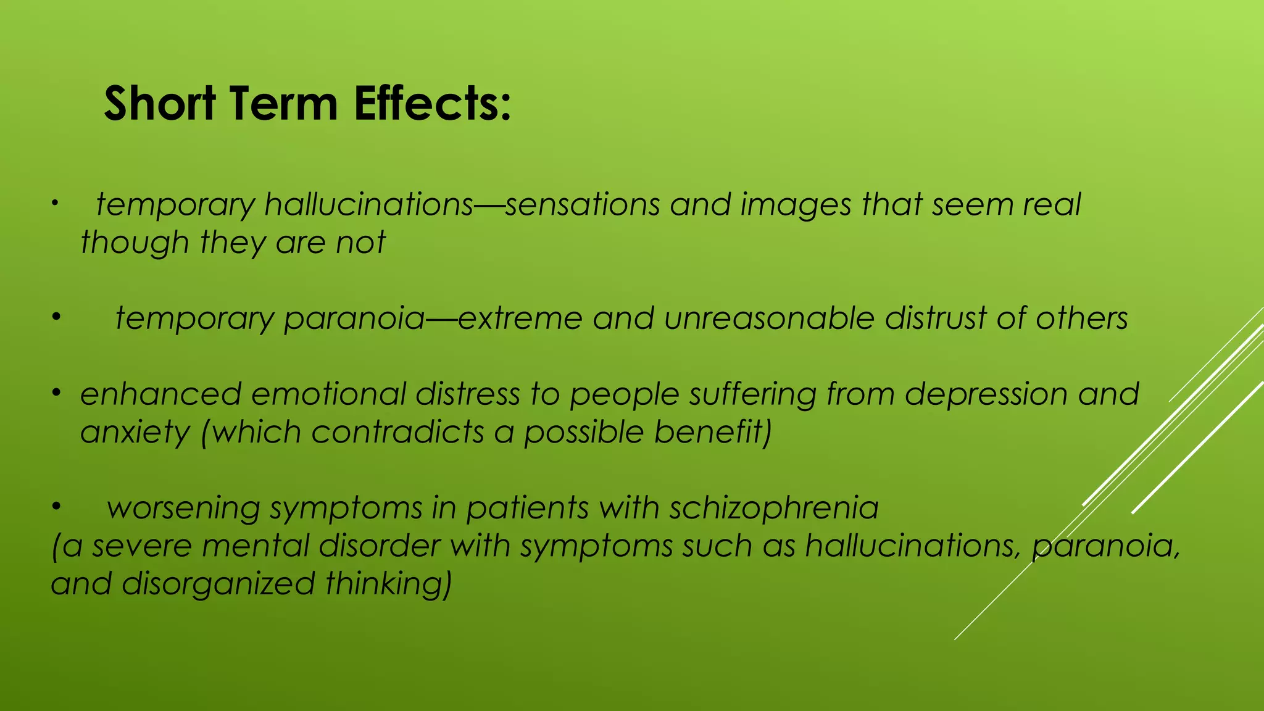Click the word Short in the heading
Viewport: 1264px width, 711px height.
pyautogui.click(x=159, y=103)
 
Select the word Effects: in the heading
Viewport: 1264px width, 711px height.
pyautogui.click(x=432, y=103)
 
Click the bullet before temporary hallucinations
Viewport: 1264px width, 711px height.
pyautogui.click(x=54, y=203)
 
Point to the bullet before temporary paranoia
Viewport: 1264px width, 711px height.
pyautogui.click(x=56, y=317)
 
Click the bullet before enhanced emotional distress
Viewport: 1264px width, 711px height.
pyautogui.click(x=56, y=393)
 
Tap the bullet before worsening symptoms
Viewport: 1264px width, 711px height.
pyautogui.click(x=56, y=507)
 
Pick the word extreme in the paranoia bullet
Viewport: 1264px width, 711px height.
pyautogui.click(x=520, y=318)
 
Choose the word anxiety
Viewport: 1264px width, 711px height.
pyautogui.click(x=135, y=432)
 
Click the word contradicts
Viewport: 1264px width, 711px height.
pyautogui.click(x=397, y=431)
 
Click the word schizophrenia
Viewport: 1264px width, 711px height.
pyautogui.click(x=774, y=508)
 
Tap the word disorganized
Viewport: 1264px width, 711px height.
pyautogui.click(x=218, y=584)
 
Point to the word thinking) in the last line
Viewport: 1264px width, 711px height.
pyautogui.click(x=389, y=584)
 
